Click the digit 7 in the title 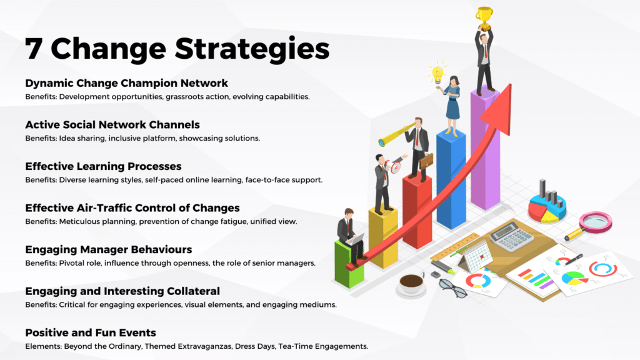point(34,49)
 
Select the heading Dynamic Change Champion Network point(126,83)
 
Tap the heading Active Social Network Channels point(112,125)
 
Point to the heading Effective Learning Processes point(103,166)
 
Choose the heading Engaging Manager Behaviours point(109,250)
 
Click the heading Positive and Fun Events point(91,332)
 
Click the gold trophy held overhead point(484,19)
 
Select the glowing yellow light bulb point(437,74)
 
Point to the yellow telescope point(396,134)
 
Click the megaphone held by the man point(393,166)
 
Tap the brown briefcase point(426,161)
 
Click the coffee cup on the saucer point(411,283)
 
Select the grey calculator point(512,236)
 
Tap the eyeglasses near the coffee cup point(452,288)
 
